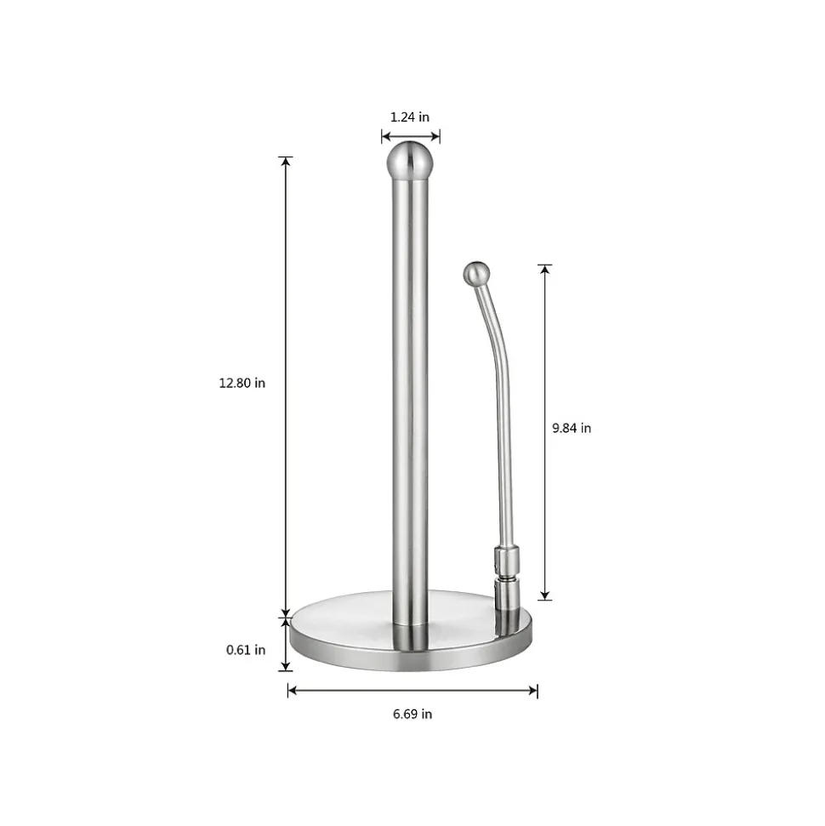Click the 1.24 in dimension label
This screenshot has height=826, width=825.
pyautogui.click(x=410, y=117)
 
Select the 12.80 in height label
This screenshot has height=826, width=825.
pyautogui.click(x=242, y=383)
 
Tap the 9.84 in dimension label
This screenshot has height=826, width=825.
pyautogui.click(x=572, y=428)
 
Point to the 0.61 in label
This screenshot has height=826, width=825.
pyautogui.click(x=246, y=650)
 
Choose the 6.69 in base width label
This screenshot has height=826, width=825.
pyautogui.click(x=412, y=715)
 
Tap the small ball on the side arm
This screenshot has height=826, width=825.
pyautogui.click(x=477, y=274)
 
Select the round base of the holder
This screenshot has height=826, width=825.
pyautogui.click(x=411, y=632)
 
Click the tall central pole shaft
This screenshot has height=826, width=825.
pyautogui.click(x=411, y=401)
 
